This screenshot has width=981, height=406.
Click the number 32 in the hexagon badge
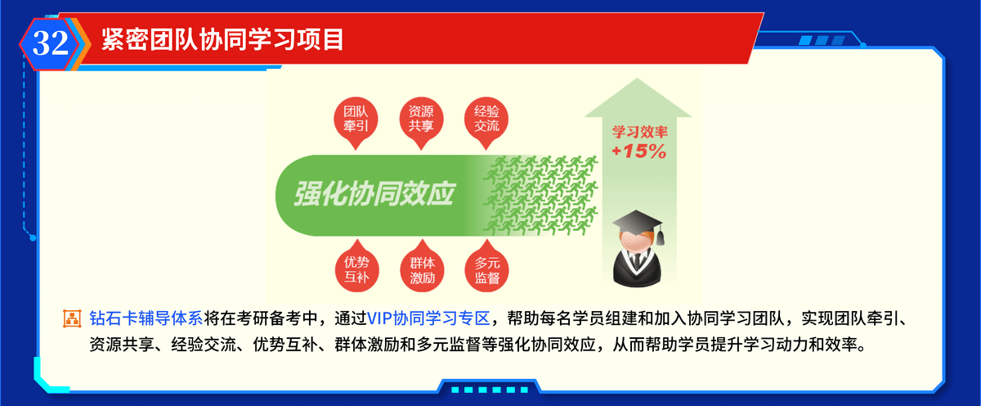51,43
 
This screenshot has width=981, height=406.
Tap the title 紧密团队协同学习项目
222,39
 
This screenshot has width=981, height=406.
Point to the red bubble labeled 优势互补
356,267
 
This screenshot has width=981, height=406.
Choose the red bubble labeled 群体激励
422,267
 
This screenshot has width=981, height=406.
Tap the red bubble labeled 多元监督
486,267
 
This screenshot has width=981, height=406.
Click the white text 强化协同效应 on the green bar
374,194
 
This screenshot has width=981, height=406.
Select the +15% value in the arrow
639,151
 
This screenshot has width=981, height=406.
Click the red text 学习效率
639,132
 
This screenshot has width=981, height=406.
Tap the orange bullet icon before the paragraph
72,318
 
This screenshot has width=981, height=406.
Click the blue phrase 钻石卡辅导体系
146,318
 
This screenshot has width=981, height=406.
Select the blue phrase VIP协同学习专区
428,318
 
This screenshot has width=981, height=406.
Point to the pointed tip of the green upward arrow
637,79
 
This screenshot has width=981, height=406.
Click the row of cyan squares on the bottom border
489,390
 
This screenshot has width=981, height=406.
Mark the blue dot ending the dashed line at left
33,238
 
